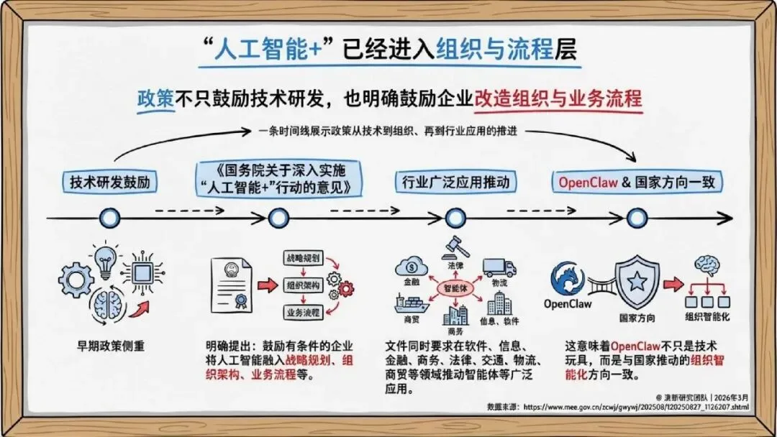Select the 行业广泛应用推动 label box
click(455, 182)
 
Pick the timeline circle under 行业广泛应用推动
click(455, 217)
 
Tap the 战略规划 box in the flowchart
click(301, 257)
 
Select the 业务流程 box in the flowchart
click(301, 312)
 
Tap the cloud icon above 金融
click(411, 267)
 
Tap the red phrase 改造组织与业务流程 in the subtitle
click(558, 98)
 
